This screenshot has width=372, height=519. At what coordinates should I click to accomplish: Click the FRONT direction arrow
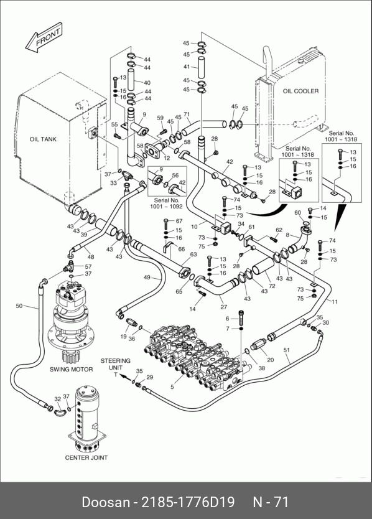tap(44, 37)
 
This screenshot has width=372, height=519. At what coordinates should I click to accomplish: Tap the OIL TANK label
tap(43, 139)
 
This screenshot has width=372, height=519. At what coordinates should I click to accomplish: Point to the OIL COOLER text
tap(300, 91)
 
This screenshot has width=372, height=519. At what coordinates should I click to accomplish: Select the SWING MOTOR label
tap(71, 369)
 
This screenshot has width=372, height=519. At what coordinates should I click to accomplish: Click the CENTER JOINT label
tap(86, 457)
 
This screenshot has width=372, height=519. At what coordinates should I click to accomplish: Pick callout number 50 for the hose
tap(19, 306)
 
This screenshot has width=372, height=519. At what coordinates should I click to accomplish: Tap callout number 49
tap(147, 278)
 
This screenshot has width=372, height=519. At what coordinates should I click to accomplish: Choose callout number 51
tap(287, 350)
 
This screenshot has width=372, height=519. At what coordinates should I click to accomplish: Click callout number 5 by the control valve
tap(172, 386)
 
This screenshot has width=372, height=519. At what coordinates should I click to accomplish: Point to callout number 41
tap(187, 67)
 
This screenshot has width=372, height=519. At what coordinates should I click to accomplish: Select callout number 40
tap(147, 83)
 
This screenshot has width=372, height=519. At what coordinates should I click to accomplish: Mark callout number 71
tap(187, 115)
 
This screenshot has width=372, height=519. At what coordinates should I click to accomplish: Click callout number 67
tap(179, 221)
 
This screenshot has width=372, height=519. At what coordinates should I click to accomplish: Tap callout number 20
tap(271, 360)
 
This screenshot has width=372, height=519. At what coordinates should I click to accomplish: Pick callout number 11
tap(335, 302)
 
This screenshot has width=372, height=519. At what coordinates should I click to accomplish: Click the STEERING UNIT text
tap(116, 364)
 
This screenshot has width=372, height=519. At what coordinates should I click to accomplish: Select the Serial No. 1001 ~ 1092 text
tap(167, 203)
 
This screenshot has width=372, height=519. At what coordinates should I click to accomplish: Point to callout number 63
tap(193, 254)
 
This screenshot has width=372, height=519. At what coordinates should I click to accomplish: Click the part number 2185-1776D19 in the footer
tap(188, 502)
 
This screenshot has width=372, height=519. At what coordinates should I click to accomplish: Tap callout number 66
tap(182, 249)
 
